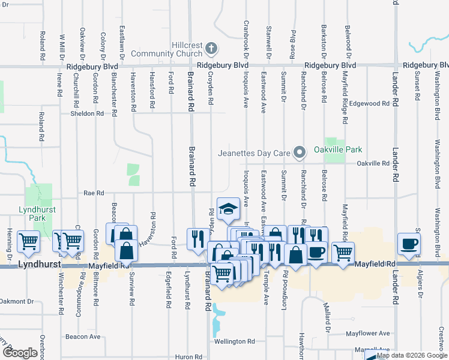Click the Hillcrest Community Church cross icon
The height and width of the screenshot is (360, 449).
[x=211, y=48]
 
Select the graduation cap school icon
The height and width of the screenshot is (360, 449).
[x=228, y=209]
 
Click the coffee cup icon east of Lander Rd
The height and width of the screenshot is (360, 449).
[x=409, y=243]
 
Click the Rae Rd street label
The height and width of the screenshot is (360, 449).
[x=94, y=193]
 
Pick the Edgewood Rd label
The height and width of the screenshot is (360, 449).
[x=370, y=103]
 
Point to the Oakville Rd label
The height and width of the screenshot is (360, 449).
[x=373, y=163]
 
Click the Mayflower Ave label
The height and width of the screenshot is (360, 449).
[x=368, y=333]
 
